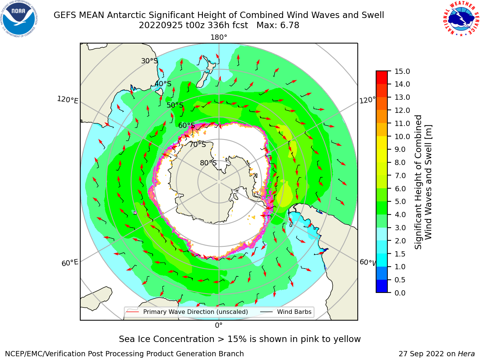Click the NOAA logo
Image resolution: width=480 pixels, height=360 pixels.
click(19, 19)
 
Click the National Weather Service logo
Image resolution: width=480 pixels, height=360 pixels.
click(461, 18)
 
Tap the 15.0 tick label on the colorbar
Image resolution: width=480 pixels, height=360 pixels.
click(402, 71)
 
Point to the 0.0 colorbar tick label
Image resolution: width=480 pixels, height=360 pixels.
click(400, 293)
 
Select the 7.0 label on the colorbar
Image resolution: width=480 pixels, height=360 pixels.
click(400, 175)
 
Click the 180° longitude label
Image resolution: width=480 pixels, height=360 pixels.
click(219, 37)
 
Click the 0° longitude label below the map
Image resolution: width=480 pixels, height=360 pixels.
click(219, 325)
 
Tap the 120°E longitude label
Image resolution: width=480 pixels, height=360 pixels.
click(67, 100)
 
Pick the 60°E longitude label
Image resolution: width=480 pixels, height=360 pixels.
click(70, 263)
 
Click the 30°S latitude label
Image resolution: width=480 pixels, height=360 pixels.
click(149, 61)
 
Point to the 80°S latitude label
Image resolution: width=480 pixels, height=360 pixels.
click(208, 163)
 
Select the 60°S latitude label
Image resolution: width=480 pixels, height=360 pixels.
click(186, 125)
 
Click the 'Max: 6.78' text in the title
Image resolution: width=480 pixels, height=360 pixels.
click(278, 25)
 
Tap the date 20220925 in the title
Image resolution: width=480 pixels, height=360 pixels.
click(160, 25)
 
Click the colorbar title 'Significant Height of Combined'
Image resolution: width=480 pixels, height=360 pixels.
click(418, 182)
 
